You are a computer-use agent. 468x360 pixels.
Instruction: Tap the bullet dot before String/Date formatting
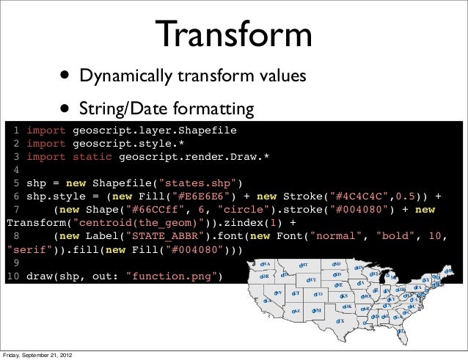click(67, 110)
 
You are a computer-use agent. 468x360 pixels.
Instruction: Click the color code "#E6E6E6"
click(204, 196)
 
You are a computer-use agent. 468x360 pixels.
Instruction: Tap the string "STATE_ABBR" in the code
click(164, 237)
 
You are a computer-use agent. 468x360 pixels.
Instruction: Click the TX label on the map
click(340, 322)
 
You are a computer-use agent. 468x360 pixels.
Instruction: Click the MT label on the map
click(304, 265)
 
